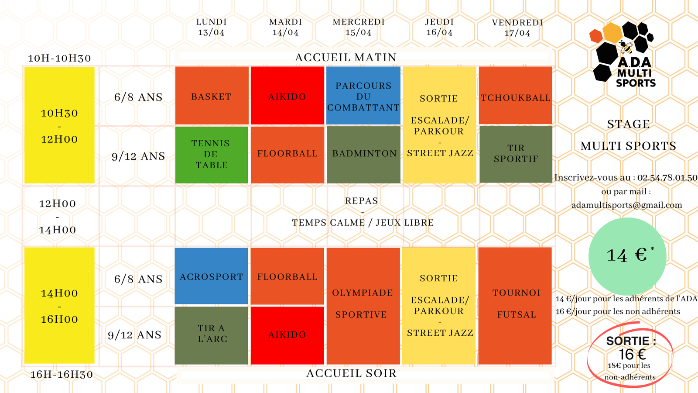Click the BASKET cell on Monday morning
tap(212, 96)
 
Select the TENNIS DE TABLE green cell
tap(212, 155)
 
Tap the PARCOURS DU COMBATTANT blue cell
tap(363, 96)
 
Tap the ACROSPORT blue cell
tap(212, 276)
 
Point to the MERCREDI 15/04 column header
tap(359, 27)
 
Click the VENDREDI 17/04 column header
tap(517, 28)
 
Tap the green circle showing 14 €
tap(627, 256)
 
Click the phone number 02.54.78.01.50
tap(667, 178)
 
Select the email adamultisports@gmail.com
tap(626, 205)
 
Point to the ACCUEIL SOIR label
tap(352, 373)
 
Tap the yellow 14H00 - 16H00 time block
tap(59, 306)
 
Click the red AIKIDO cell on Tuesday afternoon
tap(287, 335)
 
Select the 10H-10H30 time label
tap(59, 59)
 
